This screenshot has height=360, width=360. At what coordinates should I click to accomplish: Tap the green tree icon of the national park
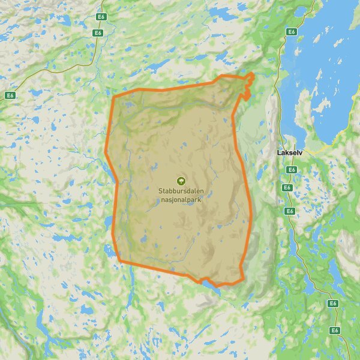(180, 180)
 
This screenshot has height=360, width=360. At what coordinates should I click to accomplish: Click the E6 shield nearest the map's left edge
(10, 95)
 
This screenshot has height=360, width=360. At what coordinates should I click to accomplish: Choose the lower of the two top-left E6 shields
(98, 33)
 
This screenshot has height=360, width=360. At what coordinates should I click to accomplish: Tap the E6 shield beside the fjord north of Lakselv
(292, 32)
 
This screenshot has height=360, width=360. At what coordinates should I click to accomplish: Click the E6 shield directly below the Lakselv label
(292, 170)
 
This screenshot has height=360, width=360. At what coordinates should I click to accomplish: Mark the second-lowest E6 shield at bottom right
(333, 304)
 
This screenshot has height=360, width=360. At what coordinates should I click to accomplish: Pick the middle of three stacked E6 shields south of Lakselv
(287, 188)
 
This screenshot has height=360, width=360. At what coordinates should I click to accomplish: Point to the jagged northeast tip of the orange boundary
(248, 81)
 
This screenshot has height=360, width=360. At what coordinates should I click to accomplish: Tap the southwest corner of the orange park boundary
(119, 260)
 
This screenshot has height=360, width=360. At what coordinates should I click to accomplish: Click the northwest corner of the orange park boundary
(114, 96)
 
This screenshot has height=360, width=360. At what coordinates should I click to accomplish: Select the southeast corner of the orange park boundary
(242, 279)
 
